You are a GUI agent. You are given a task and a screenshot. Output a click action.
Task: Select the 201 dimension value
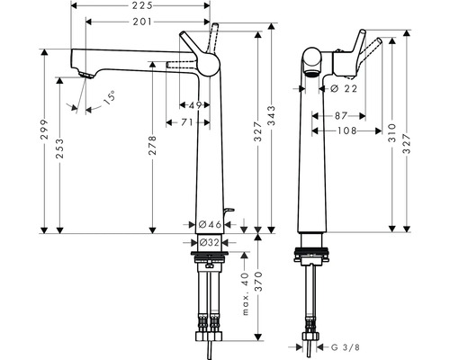(x=138, y=22)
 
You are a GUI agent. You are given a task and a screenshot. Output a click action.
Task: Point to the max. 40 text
(x=244, y=296)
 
